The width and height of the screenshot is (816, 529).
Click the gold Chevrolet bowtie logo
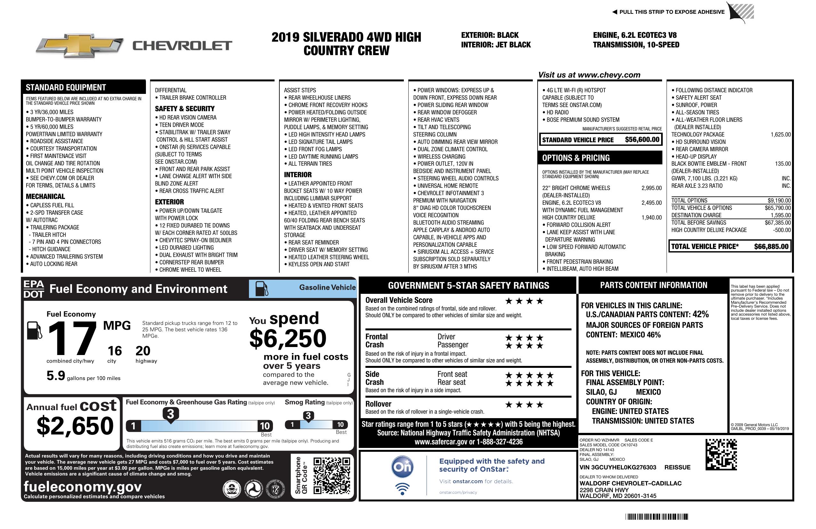(x=80, y=45)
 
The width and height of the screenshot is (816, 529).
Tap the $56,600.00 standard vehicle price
(x=642, y=140)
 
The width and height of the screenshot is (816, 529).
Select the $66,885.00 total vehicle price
(x=771, y=246)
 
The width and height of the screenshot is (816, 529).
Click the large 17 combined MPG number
(x=72, y=339)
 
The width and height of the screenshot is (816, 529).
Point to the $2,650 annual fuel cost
(x=75, y=426)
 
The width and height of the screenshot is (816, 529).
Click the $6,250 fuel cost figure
(x=288, y=338)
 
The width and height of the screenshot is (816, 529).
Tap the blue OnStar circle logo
(x=402, y=467)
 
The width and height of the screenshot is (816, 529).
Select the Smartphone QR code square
(x=332, y=475)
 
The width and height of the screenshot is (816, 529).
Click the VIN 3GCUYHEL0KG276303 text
(x=618, y=467)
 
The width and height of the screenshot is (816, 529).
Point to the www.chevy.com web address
(x=609, y=75)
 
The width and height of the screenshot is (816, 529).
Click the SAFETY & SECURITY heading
(x=184, y=109)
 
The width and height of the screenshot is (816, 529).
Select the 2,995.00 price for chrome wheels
(x=652, y=188)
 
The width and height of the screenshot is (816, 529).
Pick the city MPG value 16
(x=115, y=351)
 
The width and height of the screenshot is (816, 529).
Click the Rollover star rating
(x=524, y=405)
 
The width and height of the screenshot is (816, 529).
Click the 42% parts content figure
(x=700, y=314)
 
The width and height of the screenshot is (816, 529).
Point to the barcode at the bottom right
(x=657, y=517)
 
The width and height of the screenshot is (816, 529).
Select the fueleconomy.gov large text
(x=83, y=487)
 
